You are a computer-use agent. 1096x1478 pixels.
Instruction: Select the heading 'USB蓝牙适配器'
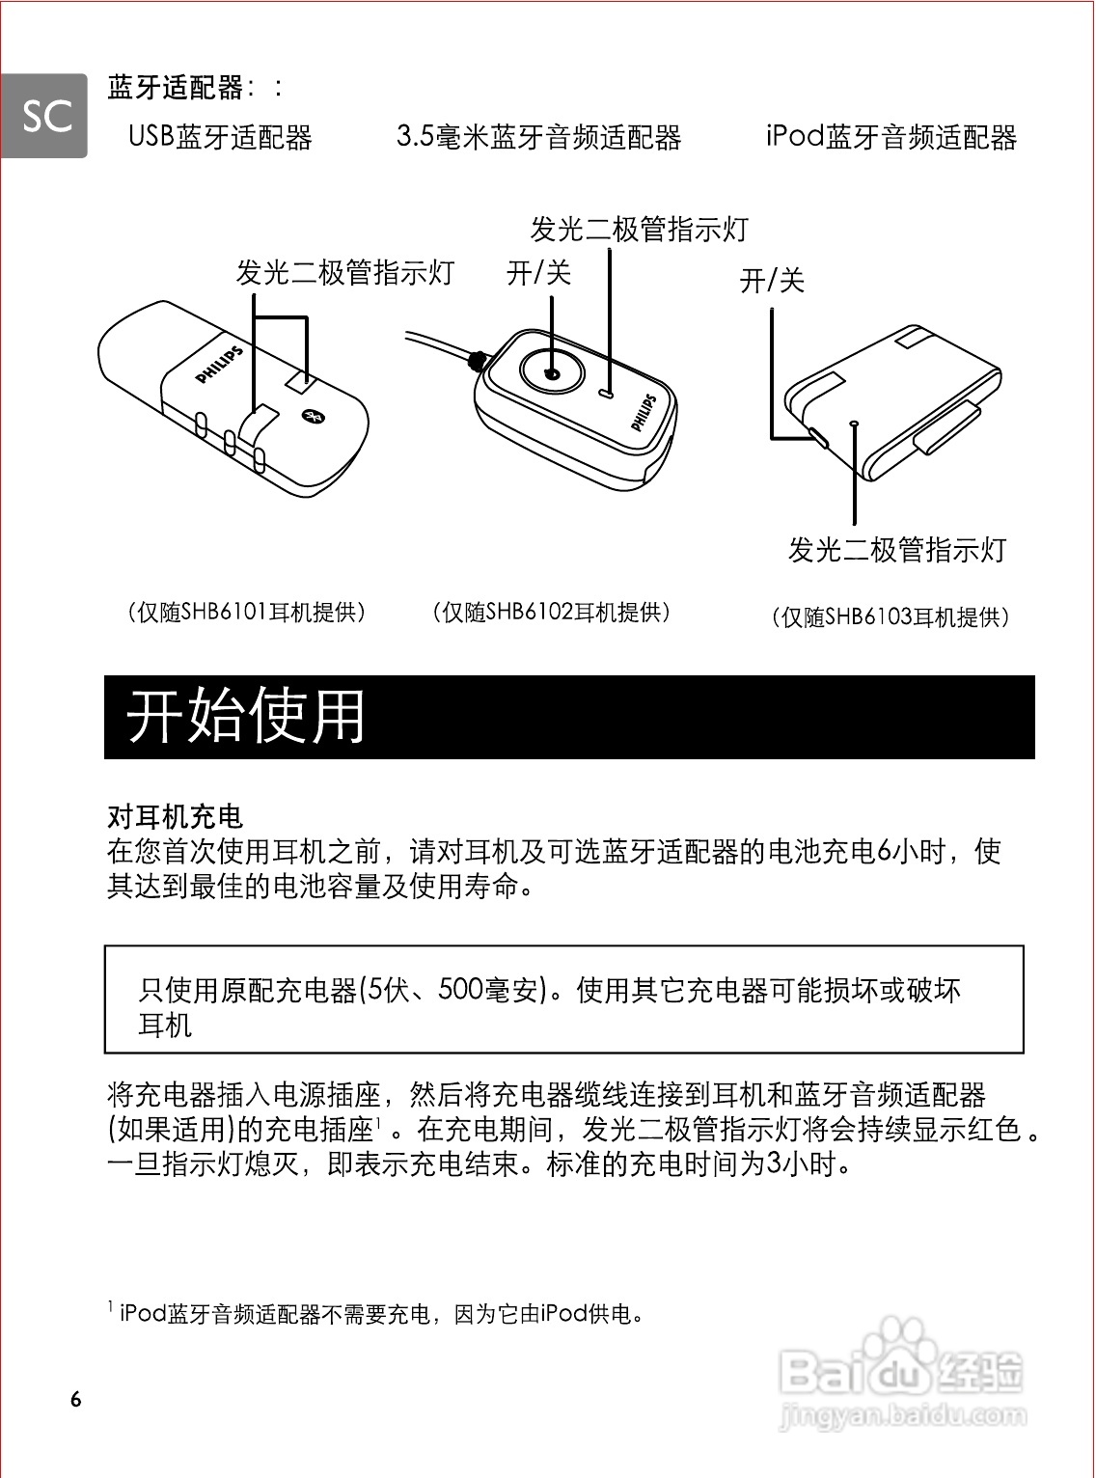(x=220, y=137)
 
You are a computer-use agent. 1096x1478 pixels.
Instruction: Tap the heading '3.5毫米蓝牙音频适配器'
(x=538, y=137)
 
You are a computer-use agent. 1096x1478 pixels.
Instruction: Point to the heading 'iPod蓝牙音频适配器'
(x=890, y=137)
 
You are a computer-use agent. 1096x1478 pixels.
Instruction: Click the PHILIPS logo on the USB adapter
(x=220, y=366)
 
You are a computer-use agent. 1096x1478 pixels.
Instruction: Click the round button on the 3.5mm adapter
(x=552, y=372)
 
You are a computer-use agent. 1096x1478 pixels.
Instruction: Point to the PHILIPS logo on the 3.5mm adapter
(x=644, y=412)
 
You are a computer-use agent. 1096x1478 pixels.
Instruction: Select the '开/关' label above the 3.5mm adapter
(x=538, y=273)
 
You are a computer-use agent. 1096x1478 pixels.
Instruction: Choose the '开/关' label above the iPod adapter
(x=772, y=281)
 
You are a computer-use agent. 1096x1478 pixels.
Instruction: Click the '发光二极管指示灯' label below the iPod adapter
(x=897, y=550)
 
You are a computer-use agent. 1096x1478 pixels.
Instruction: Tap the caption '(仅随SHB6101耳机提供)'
(x=247, y=612)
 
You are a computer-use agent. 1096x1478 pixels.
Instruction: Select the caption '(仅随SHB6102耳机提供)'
(x=551, y=612)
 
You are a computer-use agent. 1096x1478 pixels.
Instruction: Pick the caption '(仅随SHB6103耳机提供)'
(x=890, y=616)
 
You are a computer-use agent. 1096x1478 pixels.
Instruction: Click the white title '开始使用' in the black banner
(x=246, y=716)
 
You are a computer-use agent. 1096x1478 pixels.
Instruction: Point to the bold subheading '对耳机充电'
(x=175, y=816)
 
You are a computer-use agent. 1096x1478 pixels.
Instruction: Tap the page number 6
(x=76, y=1400)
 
